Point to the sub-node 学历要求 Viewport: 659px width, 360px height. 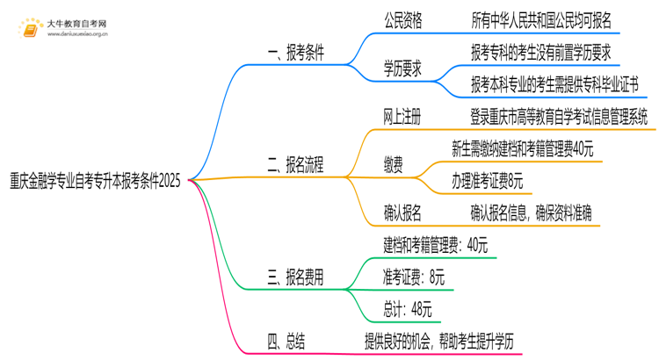click(403, 68)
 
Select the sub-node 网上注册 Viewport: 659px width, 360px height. click(403, 115)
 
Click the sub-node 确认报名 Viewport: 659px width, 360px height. click(403, 211)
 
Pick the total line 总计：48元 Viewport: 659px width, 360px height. click(408, 308)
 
